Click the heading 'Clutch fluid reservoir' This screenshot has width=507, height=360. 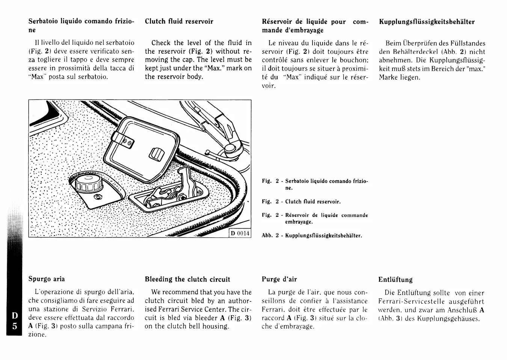(x=179, y=21)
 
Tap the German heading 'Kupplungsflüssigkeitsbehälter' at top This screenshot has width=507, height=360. (x=427, y=22)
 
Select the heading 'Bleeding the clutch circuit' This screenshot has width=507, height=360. (x=187, y=279)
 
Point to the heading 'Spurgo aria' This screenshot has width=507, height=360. (x=47, y=279)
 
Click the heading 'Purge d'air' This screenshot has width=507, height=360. (x=279, y=279)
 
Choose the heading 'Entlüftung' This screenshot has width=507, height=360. (x=395, y=280)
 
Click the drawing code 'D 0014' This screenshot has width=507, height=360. (x=240, y=233)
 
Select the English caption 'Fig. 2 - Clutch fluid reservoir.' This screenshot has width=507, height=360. (x=301, y=202)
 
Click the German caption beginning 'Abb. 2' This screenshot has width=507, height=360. (x=312, y=236)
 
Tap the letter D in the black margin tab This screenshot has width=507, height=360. (x=14, y=315)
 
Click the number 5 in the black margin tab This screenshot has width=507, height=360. (x=14, y=326)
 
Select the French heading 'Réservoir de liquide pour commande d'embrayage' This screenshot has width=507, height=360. (x=315, y=26)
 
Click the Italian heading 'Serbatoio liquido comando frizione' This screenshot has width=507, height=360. (x=81, y=26)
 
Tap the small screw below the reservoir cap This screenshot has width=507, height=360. (x=98, y=197)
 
